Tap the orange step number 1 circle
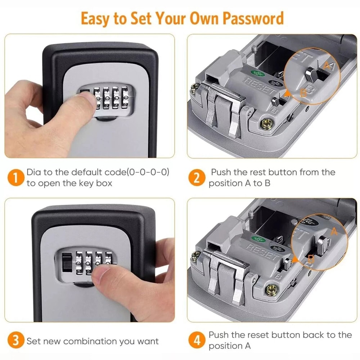[14, 178]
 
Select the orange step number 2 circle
[196, 178]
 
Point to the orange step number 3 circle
[14, 341]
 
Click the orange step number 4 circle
[196, 341]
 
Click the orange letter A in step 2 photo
[327, 65]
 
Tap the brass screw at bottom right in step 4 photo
[272, 288]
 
